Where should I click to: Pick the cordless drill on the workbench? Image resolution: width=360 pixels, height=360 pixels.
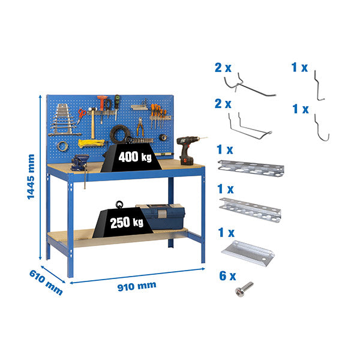[x=188, y=150]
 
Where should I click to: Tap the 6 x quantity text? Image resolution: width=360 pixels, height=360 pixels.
[x=227, y=277]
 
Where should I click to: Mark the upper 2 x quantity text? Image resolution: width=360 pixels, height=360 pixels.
[x=223, y=68]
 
